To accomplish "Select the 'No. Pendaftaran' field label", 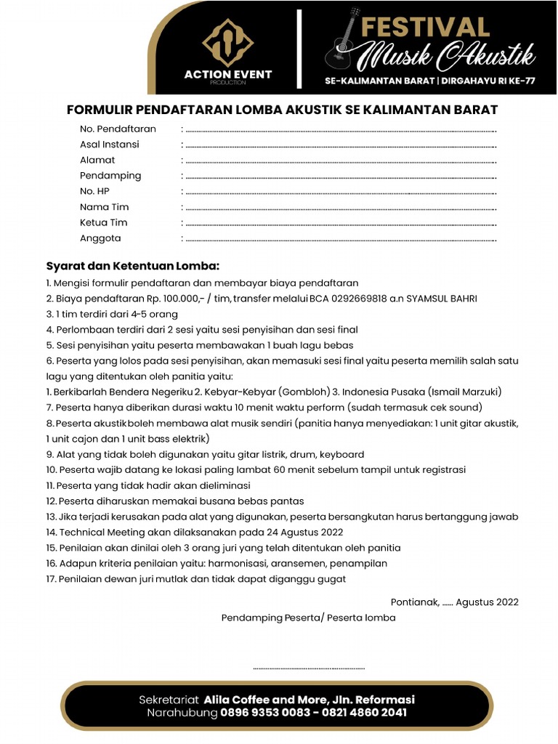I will pyautogui.click(x=118, y=129).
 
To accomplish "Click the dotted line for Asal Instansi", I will pyautogui.click(x=340, y=145).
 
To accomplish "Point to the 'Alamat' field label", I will pyautogui.click(x=97, y=160).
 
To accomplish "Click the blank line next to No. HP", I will pyautogui.click(x=340, y=193).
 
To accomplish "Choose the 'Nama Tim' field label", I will pyautogui.click(x=104, y=207).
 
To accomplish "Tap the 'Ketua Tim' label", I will pyautogui.click(x=104, y=222).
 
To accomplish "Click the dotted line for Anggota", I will pyautogui.click(x=340, y=240).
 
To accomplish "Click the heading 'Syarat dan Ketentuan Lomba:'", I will pyautogui.click(x=132, y=265).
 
